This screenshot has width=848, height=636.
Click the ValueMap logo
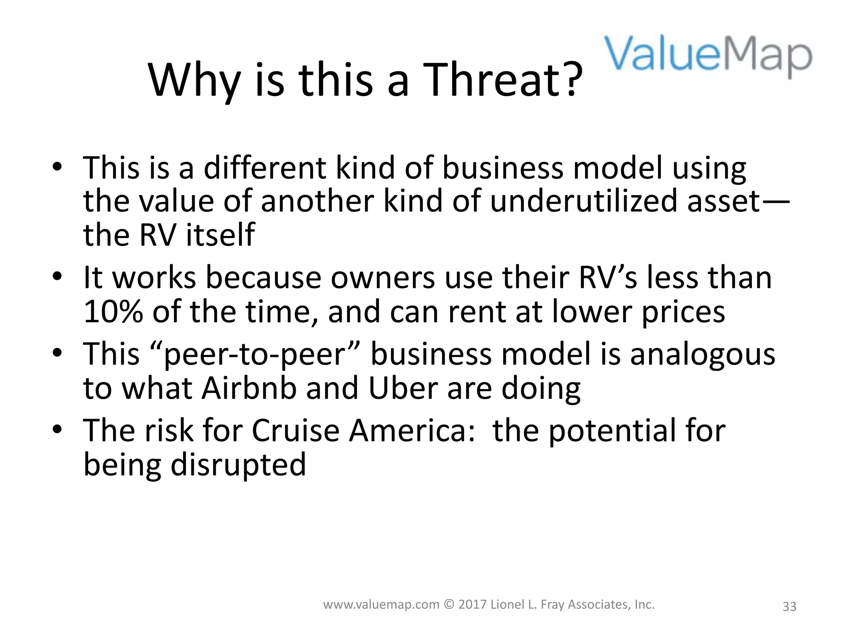point(708,56)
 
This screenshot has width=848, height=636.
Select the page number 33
point(789,606)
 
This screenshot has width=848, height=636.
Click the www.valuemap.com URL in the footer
point(381,605)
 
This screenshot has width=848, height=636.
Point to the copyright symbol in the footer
point(449,605)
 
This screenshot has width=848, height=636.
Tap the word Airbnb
point(249,388)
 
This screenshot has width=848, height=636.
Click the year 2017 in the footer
point(472,605)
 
